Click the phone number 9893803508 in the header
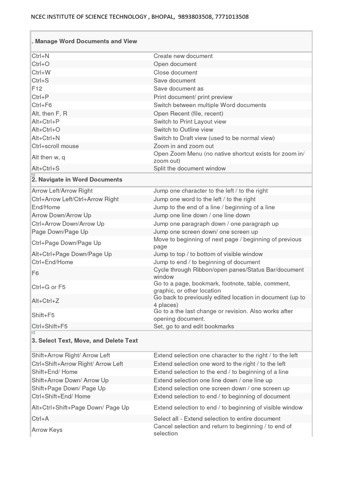195,17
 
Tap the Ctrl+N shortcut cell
41,56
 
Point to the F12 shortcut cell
37,89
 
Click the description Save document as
179,89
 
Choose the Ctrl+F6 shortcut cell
42,105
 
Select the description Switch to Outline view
183,129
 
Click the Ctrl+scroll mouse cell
55,146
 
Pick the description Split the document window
189,168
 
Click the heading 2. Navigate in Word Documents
77,180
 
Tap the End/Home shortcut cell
46,207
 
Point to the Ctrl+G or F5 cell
49,287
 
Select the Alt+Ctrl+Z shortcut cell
45,300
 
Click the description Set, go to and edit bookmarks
194,326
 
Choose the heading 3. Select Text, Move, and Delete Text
84,340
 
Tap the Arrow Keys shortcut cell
47,430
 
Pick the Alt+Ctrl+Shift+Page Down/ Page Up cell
80,407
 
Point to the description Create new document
183,56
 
